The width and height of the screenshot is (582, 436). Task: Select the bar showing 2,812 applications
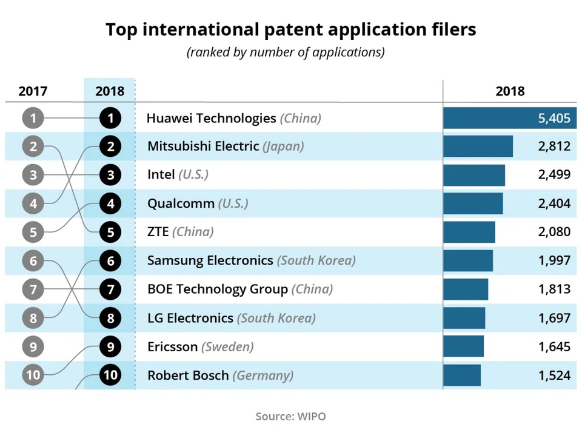click(478, 147)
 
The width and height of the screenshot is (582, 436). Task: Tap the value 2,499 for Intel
click(554, 175)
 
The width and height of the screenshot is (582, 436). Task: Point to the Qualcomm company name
click(181, 203)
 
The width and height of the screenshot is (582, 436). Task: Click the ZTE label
click(158, 232)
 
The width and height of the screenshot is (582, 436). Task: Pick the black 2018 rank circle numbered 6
click(110, 261)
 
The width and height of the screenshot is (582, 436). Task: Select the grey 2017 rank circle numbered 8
click(33, 318)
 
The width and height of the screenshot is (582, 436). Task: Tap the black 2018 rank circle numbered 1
click(110, 118)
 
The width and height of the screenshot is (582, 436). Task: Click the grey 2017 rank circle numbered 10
click(33, 375)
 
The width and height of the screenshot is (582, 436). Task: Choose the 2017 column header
click(33, 91)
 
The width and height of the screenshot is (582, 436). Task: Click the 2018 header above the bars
click(510, 91)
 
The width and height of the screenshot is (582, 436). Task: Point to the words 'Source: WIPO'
click(290, 416)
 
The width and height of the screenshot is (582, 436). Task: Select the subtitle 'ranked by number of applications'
click(286, 52)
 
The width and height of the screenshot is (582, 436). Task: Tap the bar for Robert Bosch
click(462, 375)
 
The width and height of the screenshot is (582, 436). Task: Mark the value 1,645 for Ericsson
click(554, 346)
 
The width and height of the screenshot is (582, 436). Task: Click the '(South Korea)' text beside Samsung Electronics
click(316, 261)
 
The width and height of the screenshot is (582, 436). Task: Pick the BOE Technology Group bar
click(466, 289)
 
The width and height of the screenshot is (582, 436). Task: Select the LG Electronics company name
click(190, 318)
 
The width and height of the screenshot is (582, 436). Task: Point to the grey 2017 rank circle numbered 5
click(33, 232)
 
